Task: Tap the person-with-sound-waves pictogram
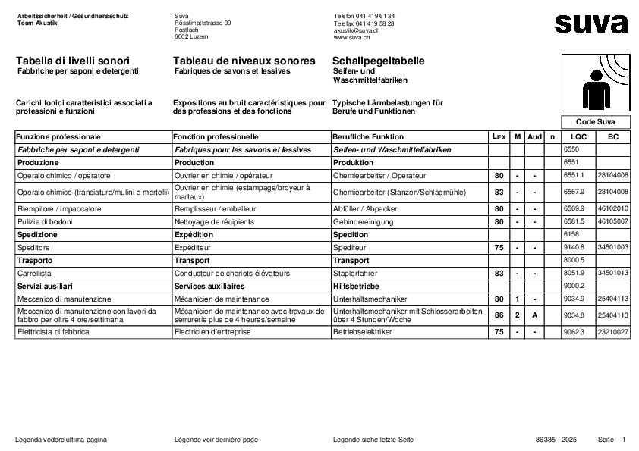[595, 83]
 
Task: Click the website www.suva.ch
[351, 36]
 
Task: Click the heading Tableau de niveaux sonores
[244, 61]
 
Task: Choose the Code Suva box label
[596, 122]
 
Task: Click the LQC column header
[578, 137]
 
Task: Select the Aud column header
[535, 137]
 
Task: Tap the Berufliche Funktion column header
[368, 137]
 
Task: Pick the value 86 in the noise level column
[499, 314]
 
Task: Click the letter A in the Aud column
[534, 314]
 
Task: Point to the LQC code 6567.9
[574, 192]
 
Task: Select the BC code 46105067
[612, 221]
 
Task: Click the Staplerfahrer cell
[354, 273]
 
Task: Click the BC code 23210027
[612, 332]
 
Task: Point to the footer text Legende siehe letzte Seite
[373, 440]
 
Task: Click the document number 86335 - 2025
[556, 440]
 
